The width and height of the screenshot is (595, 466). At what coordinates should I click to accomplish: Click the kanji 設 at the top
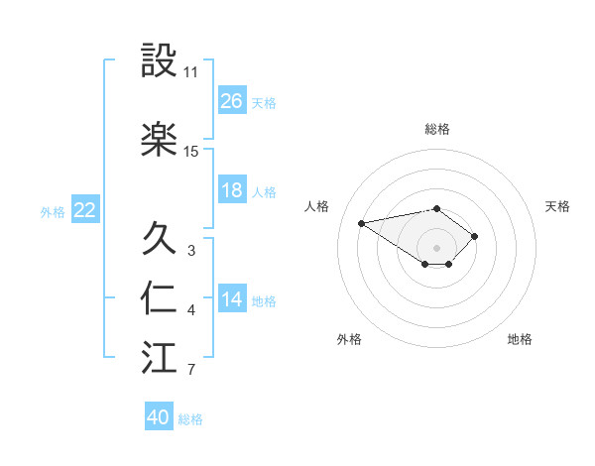(160, 61)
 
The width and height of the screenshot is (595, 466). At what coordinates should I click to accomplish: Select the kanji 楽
(160, 139)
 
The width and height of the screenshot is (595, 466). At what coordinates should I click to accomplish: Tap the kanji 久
(160, 238)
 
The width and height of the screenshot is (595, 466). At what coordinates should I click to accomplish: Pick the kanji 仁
(160, 298)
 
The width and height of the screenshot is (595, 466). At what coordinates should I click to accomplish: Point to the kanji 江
(160, 358)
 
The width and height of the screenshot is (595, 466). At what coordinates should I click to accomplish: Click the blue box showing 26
(232, 101)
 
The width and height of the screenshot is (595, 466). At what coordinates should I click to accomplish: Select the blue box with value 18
(232, 190)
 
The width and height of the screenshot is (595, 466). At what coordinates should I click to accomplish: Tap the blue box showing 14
(232, 299)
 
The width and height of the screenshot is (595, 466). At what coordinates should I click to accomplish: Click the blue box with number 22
(85, 210)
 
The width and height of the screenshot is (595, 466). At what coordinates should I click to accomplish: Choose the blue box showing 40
(159, 417)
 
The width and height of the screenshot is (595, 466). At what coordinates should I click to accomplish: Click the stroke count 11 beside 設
(191, 72)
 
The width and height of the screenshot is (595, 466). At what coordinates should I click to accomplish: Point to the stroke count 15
(191, 152)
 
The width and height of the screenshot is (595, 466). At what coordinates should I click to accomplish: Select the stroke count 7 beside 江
(191, 371)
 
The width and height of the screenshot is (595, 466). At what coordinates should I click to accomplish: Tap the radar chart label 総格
(437, 129)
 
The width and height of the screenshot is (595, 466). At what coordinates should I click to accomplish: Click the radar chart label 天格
(557, 206)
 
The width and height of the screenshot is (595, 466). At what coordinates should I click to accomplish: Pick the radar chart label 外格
(349, 339)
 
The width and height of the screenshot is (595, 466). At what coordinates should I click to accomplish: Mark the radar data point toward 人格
(362, 222)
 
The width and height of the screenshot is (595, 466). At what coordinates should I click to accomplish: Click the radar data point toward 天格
(475, 236)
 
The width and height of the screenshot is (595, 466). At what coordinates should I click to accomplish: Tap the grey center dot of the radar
(437, 247)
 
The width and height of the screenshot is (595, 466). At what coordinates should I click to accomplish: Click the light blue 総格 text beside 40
(190, 419)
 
